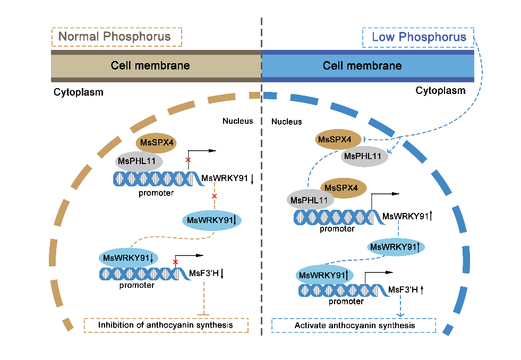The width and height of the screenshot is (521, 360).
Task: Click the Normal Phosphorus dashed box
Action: (116, 37)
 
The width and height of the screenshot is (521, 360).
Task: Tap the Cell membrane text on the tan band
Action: (150, 66)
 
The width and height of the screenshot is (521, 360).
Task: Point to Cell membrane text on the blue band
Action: (363, 66)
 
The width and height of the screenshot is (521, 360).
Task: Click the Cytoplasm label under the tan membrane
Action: (78, 92)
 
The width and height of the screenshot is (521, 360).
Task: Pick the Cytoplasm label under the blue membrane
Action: (440, 90)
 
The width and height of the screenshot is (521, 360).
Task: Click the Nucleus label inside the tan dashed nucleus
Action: (237, 121)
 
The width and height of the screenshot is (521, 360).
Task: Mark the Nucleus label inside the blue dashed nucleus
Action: (287, 122)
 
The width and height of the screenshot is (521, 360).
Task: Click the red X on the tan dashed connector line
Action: (215, 196)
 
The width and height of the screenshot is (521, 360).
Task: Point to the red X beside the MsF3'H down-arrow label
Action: (175, 262)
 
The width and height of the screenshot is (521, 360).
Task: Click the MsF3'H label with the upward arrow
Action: (406, 289)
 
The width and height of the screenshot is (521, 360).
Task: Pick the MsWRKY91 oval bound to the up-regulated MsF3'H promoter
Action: (324, 275)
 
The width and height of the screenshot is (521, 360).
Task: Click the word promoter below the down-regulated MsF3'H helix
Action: (136, 285)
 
